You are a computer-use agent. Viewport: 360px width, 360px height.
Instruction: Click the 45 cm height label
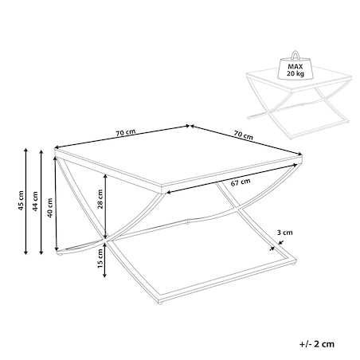(21, 201)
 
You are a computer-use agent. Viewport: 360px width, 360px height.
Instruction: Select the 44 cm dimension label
(35, 202)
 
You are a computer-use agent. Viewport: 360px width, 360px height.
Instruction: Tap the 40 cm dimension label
(50, 208)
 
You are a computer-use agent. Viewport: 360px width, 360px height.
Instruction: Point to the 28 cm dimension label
(100, 199)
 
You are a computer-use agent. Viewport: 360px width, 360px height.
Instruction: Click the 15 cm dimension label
(100, 259)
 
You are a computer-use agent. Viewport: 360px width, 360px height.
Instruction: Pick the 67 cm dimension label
(241, 182)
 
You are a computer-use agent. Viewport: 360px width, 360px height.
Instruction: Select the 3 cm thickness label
(285, 233)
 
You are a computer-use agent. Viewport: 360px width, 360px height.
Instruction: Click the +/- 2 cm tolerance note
(317, 344)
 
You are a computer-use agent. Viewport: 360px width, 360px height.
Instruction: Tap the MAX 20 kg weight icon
(295, 65)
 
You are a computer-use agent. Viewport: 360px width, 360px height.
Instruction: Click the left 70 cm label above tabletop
(125, 132)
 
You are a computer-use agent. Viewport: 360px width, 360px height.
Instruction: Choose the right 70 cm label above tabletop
(244, 135)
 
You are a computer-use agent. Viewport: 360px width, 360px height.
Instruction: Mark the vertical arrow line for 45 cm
(25, 202)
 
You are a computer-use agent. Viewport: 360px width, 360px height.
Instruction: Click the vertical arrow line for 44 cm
(41, 202)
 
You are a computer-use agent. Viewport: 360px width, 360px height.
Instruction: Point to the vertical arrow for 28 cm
(105, 206)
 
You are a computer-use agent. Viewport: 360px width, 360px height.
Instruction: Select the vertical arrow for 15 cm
(105, 260)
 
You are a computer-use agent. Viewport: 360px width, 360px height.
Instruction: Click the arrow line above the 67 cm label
(232, 178)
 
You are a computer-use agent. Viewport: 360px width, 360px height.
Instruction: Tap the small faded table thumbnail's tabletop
(299, 79)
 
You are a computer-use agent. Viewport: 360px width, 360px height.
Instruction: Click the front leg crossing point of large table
(105, 240)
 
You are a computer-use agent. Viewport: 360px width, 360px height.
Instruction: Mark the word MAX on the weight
(295, 67)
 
